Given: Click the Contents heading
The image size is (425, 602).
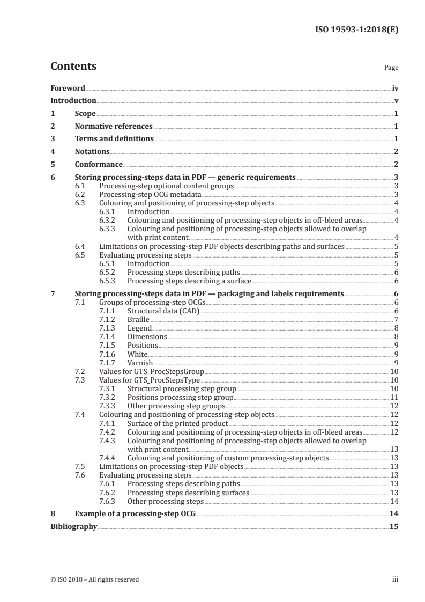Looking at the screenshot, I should [73, 67].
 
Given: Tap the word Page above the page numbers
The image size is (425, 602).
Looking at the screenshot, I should [391, 68].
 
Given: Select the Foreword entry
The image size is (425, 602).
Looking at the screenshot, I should [68, 88].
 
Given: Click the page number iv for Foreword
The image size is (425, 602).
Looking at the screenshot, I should [395, 88].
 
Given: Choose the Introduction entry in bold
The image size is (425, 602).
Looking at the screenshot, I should [73, 101].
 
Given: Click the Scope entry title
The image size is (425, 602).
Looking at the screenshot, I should [85, 114].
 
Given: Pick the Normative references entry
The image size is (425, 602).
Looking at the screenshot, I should [114, 127].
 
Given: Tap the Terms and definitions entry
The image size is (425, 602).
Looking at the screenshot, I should [114, 139].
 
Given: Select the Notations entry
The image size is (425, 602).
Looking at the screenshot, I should [92, 152].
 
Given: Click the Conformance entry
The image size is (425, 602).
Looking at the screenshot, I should [99, 164].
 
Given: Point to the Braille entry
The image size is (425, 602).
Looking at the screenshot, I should [138, 319].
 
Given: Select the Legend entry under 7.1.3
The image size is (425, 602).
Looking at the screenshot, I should [139, 328].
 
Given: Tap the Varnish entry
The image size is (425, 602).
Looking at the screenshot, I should [140, 363].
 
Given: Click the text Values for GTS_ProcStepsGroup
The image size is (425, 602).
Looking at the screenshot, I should [152, 371].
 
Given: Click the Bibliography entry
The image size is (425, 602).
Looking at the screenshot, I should [73, 527].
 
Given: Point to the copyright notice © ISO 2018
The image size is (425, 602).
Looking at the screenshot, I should [94, 579].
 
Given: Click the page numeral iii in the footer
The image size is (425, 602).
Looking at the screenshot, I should [395, 579].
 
